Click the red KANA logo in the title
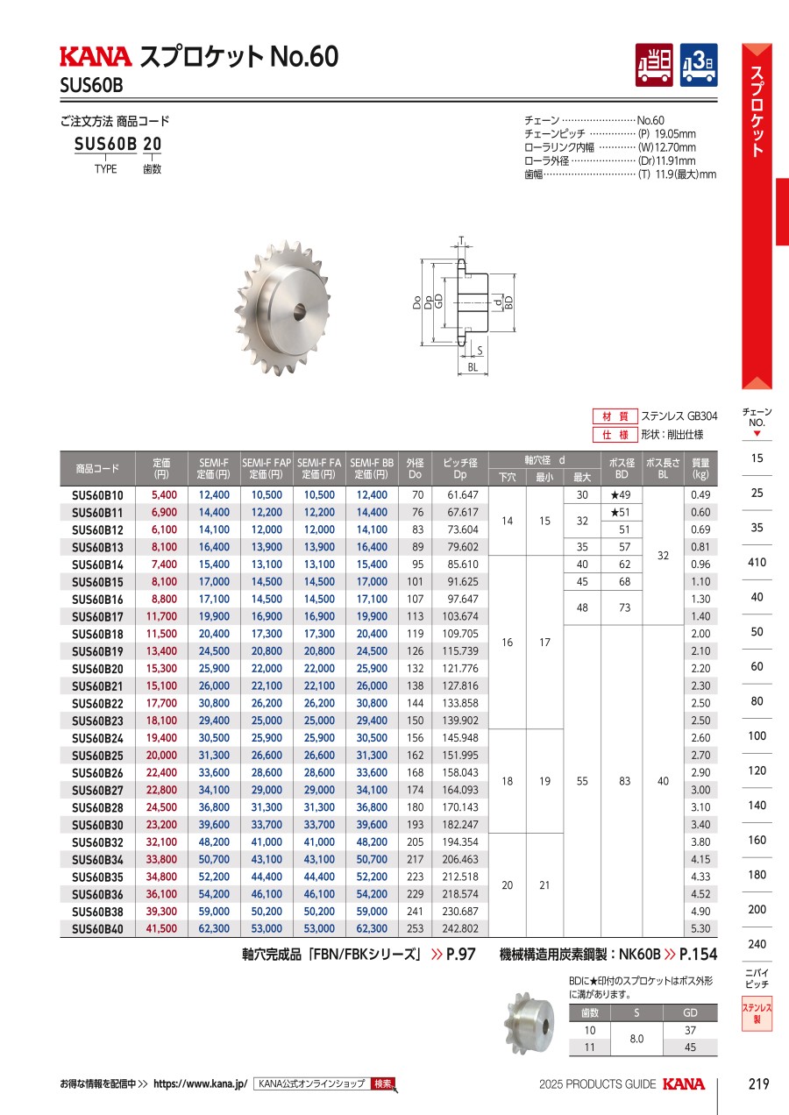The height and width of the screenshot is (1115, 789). point(96,56)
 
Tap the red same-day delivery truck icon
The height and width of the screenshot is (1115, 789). point(654,65)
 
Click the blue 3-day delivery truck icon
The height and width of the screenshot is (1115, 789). point(699,65)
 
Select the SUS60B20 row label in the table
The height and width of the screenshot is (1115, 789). point(97,669)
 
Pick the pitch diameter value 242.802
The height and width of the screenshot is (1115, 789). point(460,928)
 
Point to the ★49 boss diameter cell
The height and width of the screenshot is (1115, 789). point(621,494)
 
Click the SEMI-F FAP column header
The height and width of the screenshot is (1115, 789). point(267,468)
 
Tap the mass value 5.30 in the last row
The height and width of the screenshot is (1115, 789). point(700,928)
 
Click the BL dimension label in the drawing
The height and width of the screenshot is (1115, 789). point(473,367)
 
